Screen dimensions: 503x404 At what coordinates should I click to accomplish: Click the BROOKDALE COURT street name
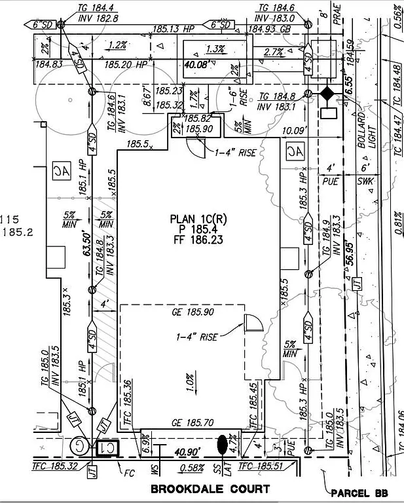(210, 489)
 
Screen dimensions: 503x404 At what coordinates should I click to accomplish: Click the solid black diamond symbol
(326, 94)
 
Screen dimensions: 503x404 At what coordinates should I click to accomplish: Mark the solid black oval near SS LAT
(223, 445)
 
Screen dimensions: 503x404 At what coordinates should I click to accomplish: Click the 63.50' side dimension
(85, 244)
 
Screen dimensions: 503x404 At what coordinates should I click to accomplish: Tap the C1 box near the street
(105, 448)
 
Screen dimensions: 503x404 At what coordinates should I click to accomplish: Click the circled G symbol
(79, 447)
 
